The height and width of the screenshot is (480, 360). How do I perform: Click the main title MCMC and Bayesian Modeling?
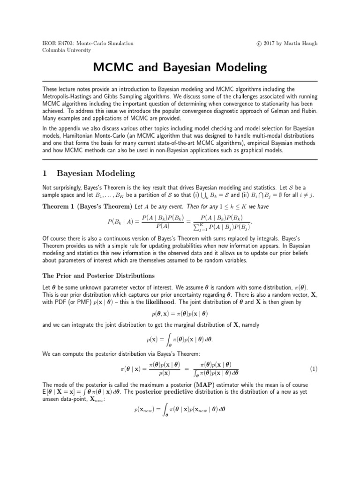180,68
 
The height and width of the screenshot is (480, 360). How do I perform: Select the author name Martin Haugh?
302,43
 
